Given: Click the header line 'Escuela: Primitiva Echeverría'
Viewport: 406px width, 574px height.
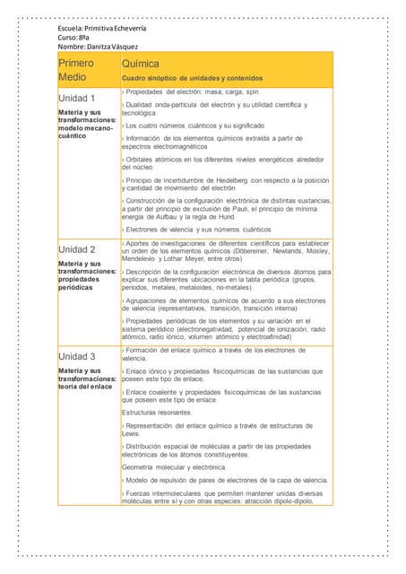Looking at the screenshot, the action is point(101,28).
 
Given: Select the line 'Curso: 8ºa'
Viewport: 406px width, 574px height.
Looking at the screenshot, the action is point(73,37).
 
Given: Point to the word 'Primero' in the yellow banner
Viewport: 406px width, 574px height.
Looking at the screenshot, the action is point(76,64).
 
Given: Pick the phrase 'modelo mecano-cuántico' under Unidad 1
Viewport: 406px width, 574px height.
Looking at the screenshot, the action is point(86,132).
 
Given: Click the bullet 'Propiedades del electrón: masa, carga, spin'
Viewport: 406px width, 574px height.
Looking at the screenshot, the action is point(192,91).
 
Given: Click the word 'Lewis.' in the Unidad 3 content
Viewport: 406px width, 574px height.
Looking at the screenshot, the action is point(131,433).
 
